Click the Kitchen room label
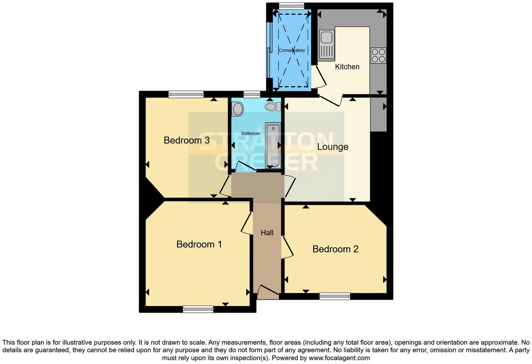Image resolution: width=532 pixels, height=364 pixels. pos(347,67)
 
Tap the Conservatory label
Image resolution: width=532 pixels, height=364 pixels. pos(292,50)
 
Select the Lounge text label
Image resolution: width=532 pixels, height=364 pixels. pos(332,147)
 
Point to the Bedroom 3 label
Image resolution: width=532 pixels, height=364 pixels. pos(187,140)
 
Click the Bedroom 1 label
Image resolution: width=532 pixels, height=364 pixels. pos(199,244)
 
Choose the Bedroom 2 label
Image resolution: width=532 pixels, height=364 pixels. pos(335,249)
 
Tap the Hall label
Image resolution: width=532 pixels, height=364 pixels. pos(267,233)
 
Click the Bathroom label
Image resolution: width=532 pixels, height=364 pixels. pos(251,134)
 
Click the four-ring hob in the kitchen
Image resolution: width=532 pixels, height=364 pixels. pos(378,56)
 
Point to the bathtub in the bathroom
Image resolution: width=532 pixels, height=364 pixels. pos(273,145)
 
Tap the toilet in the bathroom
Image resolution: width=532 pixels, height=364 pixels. pos(273,106)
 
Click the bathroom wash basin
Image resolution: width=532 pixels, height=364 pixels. pos(238,109)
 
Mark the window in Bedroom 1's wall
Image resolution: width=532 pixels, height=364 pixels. pos(198,309)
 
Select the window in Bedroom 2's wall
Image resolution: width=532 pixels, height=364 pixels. pos(335,296)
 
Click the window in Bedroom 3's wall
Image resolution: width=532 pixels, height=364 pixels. pos(186,94)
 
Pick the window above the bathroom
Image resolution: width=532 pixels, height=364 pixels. pos(252,94)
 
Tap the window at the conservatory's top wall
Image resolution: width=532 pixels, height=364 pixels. pos(291,6)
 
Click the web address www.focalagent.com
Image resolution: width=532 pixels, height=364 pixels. pos(339,358)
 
